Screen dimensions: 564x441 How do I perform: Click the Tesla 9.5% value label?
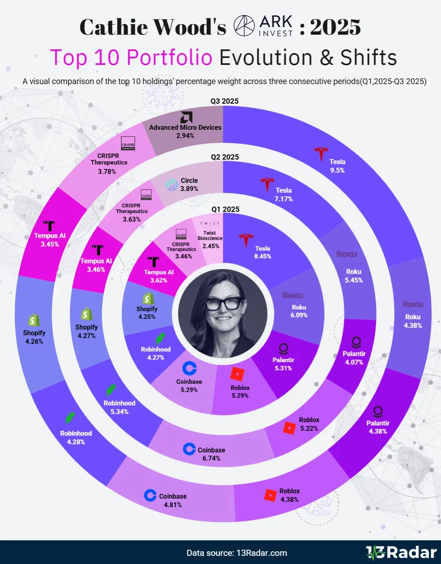337,170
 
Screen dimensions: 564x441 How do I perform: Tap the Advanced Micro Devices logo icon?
186,117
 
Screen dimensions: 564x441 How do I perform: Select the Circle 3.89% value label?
189,189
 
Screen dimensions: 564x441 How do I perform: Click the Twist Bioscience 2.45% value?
211,246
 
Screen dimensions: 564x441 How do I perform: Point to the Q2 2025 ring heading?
225,157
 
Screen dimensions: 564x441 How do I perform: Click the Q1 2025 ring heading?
225,209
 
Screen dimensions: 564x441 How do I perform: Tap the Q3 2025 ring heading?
225,101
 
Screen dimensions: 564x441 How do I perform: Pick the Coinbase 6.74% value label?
211,458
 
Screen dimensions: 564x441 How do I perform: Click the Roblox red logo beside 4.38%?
270,495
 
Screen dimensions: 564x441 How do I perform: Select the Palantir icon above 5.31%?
283,349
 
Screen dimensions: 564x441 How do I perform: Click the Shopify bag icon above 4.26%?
34,320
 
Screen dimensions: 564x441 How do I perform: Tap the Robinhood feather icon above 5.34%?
111,391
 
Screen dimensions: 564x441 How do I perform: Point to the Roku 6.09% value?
299,315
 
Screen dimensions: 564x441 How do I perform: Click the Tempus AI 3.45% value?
49,244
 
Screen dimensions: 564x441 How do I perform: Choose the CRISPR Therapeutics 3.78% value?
107,171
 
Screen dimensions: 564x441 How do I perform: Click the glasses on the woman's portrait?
223,304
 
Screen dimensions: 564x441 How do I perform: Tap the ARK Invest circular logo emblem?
244,26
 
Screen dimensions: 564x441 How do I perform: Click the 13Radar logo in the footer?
401,553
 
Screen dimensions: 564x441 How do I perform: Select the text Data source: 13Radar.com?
236,553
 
